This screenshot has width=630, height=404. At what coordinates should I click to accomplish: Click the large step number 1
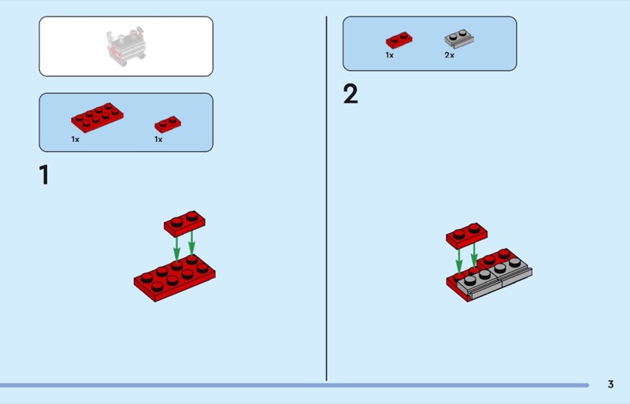[44, 175]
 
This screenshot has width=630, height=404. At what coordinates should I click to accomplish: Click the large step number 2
[350, 94]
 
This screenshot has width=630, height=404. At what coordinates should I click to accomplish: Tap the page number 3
[611, 384]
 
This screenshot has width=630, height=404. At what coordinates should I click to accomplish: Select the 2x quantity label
[449, 55]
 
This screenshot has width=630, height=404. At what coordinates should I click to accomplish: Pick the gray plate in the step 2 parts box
[459, 39]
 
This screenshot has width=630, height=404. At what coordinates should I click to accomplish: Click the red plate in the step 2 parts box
[399, 40]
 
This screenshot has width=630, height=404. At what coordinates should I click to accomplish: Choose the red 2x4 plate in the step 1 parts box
[97, 117]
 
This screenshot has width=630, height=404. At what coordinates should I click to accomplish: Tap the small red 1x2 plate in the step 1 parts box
[168, 124]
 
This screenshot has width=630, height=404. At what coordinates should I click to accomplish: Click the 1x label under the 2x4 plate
[75, 139]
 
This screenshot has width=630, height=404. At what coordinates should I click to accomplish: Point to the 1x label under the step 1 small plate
[158, 139]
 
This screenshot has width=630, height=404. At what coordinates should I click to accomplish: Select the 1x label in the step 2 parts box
[389, 55]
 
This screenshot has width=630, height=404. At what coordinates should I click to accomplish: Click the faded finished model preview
[126, 46]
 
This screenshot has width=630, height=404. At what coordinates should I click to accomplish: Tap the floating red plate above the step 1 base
[184, 224]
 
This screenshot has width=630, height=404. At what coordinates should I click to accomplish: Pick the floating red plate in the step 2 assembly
[467, 236]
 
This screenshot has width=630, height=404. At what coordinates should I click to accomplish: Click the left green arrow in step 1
[176, 249]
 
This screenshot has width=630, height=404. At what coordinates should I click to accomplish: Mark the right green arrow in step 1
[191, 243]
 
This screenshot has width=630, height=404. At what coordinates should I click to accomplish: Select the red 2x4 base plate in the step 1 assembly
[174, 277]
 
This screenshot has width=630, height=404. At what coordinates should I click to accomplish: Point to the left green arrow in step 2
[459, 261]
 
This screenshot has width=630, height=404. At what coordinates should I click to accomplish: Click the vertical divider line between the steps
[326, 198]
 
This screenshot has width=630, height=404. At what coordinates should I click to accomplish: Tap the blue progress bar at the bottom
[295, 385]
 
